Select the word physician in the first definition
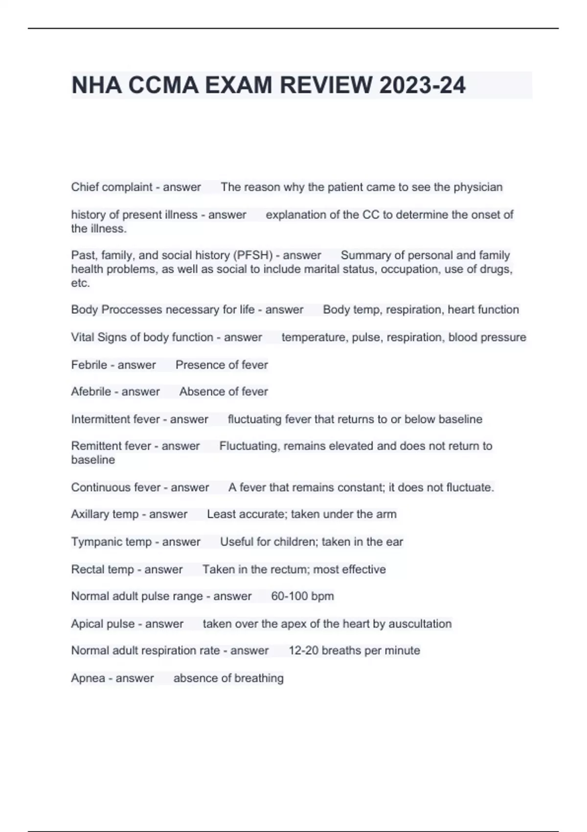point(478,187)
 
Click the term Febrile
point(89,365)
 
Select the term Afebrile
point(90,392)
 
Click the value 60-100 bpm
point(302,596)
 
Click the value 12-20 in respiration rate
point(303,650)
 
